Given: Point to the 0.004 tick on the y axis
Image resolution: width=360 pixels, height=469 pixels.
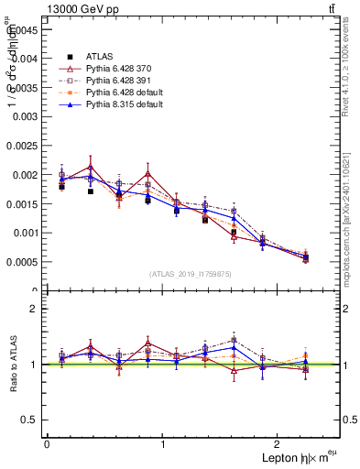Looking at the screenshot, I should pyautogui.click(x=26, y=58).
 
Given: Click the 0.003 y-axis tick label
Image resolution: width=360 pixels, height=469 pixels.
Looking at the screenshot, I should pyautogui.click(x=26, y=116).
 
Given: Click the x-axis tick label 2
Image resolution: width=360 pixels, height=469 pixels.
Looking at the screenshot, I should pyautogui.click(x=280, y=445).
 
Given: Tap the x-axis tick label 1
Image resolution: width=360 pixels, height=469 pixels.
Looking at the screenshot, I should pyautogui.click(x=163, y=445).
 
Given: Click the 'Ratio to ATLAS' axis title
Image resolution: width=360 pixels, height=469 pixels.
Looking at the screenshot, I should pyautogui.click(x=11, y=365).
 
